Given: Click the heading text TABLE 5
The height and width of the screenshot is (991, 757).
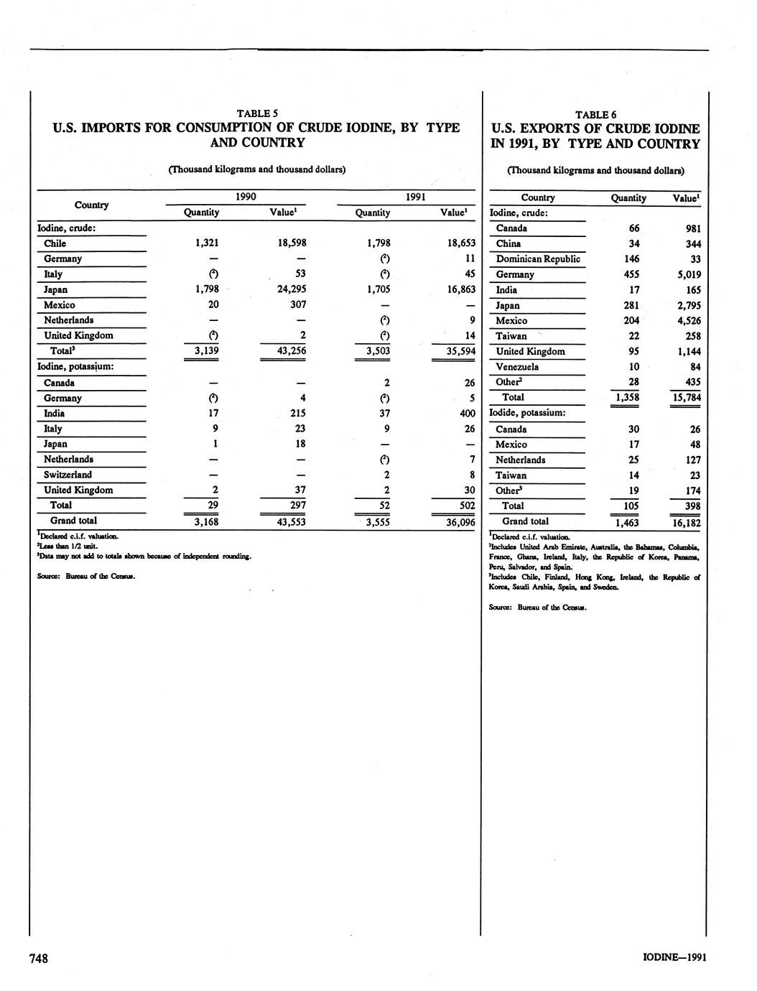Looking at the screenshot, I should point(256,113).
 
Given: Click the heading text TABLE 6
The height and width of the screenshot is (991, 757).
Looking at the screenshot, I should point(595,115).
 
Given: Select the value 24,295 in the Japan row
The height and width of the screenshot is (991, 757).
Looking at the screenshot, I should point(292,289).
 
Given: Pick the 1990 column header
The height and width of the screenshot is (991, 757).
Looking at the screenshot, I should point(246,196).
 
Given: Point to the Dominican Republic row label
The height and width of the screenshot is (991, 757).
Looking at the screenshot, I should point(538,259).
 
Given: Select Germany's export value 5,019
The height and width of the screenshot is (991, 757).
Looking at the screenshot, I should point(687,274).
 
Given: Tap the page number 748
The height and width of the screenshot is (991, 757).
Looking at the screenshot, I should point(38,958).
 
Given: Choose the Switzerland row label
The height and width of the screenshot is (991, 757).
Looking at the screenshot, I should point(68,475).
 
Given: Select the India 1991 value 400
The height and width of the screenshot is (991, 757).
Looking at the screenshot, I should point(466,414).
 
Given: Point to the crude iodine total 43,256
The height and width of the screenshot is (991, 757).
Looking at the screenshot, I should point(292,351).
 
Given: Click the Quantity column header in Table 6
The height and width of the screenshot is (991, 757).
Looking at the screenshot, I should point(628,197).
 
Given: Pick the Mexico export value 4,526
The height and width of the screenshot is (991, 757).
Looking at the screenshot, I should point(687,320).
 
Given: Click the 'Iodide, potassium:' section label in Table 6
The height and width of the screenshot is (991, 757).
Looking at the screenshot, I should point(527,413).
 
